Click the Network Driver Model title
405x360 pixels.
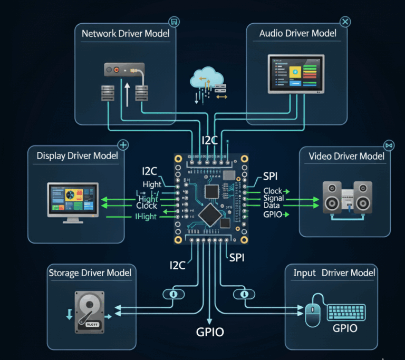coord(126,34)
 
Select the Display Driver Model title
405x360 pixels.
coord(77,156)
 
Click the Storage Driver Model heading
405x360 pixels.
coord(90,273)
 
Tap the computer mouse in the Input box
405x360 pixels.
coord(312,315)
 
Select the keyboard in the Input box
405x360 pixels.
coord(350,312)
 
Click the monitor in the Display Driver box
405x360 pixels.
coord(73,200)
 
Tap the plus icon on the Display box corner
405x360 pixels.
coord(123,144)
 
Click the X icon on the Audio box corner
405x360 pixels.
coord(345,22)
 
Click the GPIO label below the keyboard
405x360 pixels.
coord(345,328)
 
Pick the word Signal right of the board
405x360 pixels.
coord(273,198)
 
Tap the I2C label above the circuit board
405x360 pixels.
coord(210,141)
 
